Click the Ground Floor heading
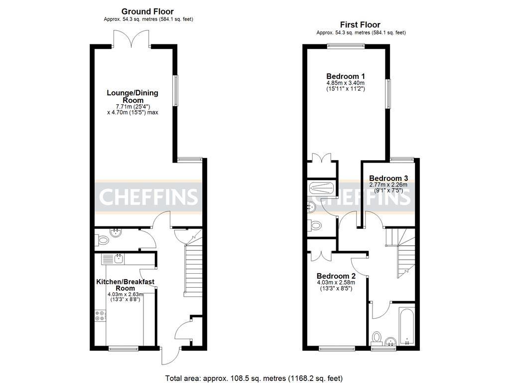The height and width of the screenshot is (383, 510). click(x=147, y=11)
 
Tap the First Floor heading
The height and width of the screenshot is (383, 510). click(x=360, y=24)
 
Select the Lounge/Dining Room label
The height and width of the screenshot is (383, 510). click(x=132, y=96)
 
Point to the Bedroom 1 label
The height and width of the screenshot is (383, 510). click(x=346, y=76)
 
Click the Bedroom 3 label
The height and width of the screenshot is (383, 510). click(x=388, y=178)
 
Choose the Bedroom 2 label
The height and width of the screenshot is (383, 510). click(x=336, y=276)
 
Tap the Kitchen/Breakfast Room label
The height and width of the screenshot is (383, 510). click(x=125, y=285)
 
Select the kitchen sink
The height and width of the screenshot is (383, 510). click(x=119, y=258)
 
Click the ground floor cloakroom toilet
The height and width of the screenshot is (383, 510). click(x=103, y=240)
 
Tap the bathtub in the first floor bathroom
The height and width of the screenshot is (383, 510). click(x=407, y=327)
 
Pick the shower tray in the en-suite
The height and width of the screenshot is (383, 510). click(x=321, y=189)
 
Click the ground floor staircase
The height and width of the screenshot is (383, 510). click(x=192, y=269)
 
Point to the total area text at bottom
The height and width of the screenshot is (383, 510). click(x=254, y=378)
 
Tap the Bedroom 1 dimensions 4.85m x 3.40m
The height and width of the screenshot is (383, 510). click(x=346, y=83)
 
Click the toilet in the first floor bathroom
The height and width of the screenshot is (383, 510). click(x=377, y=338)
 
